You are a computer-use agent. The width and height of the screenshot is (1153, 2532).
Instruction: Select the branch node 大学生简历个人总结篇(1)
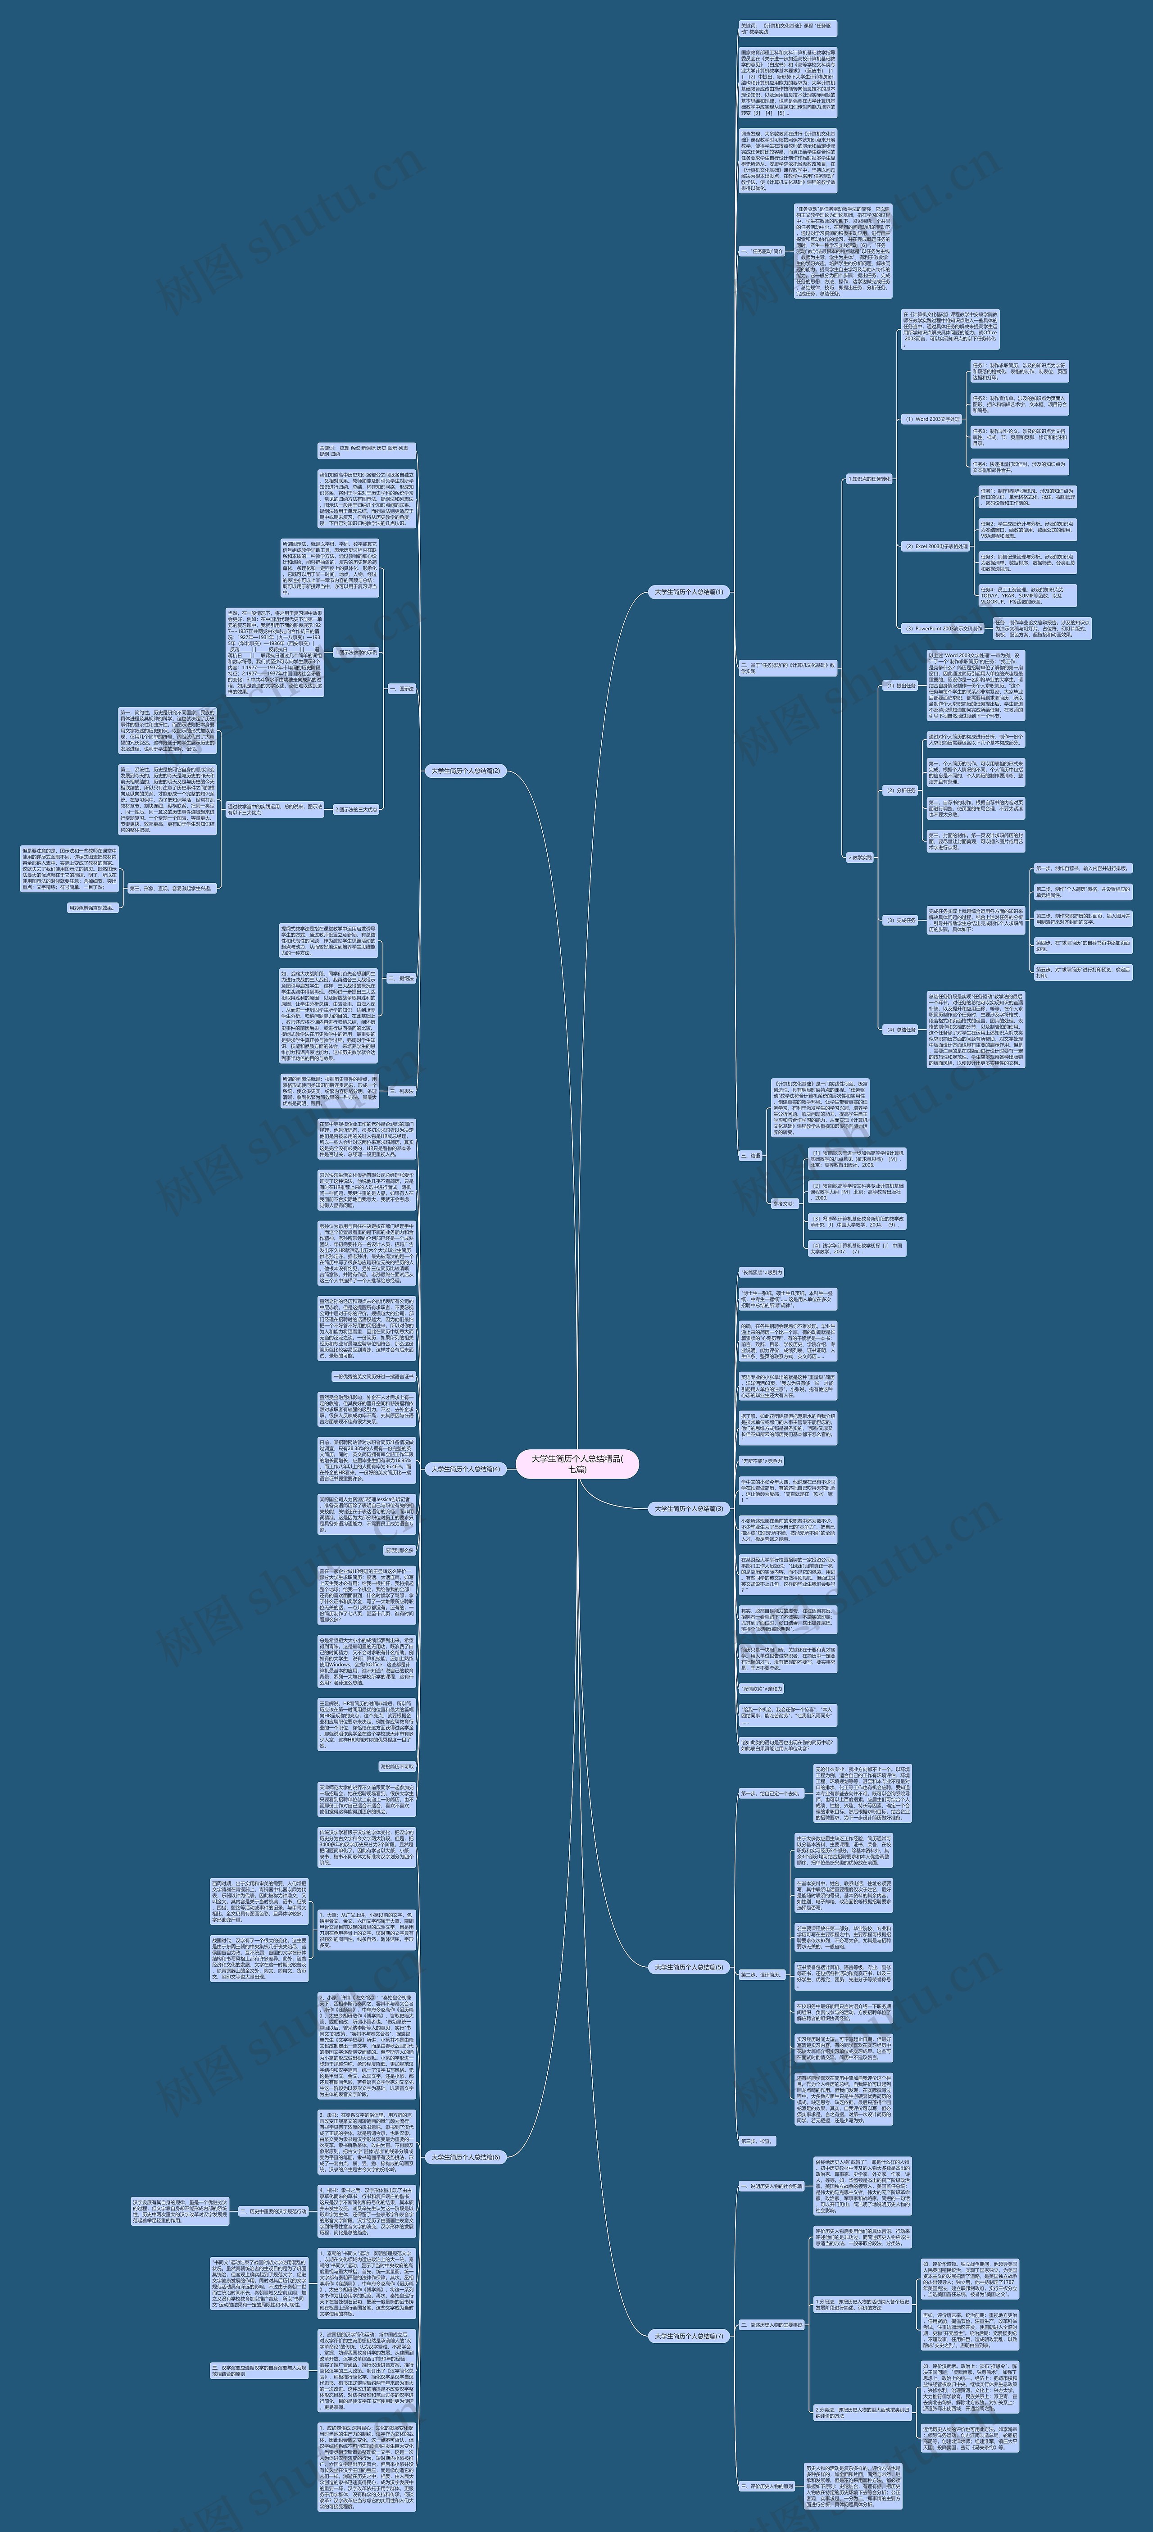[x=688, y=592]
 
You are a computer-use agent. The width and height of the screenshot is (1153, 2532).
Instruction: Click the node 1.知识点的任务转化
[x=869, y=480]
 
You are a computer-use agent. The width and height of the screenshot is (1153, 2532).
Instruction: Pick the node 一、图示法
[x=401, y=689]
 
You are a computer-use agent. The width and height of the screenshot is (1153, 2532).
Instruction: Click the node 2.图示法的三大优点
[x=356, y=810]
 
